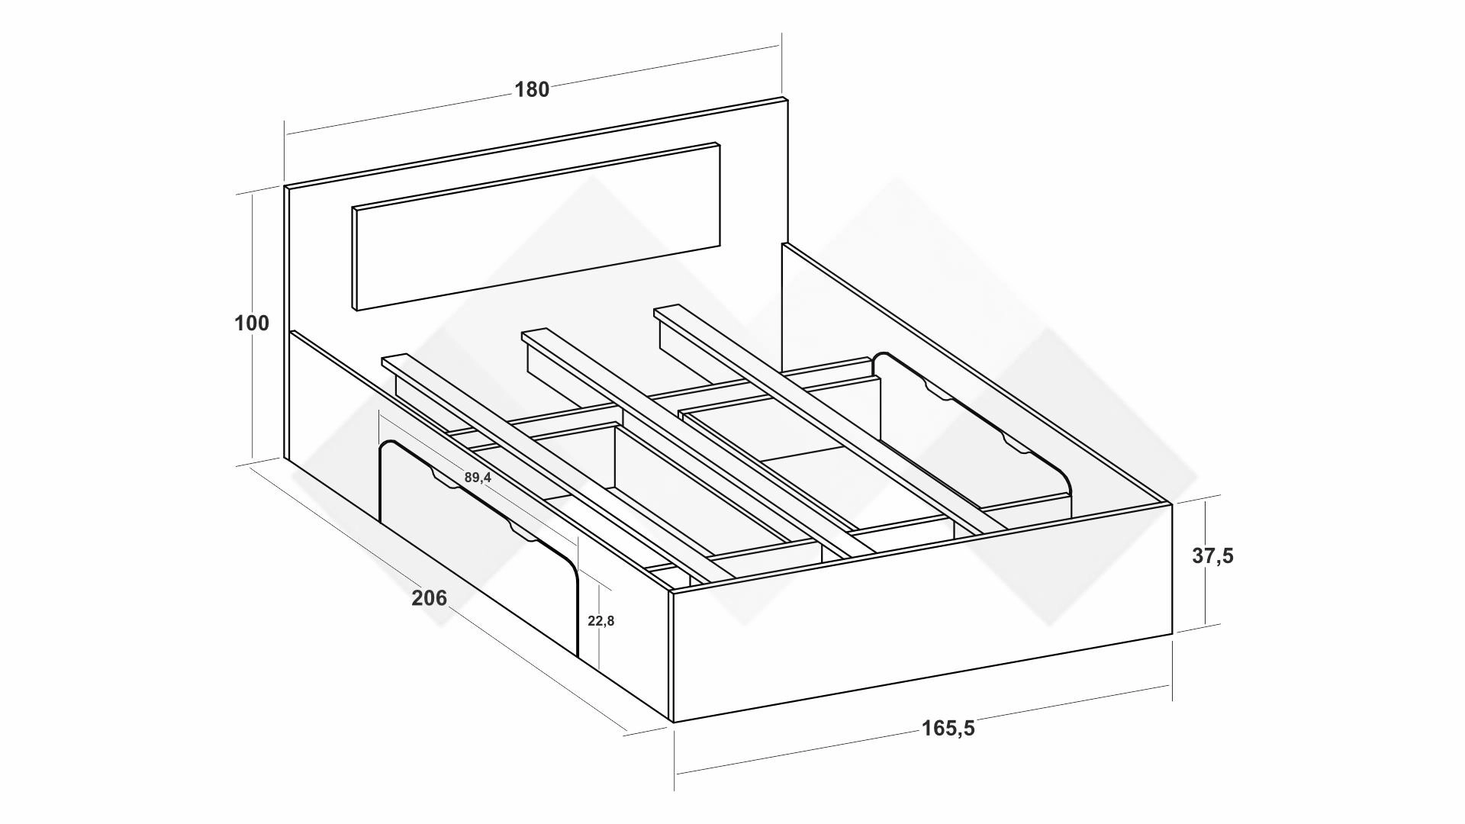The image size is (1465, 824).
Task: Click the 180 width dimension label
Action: click(x=532, y=90)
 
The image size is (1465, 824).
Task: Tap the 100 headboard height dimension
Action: click(x=252, y=323)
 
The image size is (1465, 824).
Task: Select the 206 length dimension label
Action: click(x=430, y=598)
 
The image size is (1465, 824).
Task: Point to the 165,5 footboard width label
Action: click(x=948, y=729)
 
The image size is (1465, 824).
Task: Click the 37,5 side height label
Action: click(x=1212, y=556)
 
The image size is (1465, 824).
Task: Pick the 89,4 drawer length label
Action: click(x=478, y=478)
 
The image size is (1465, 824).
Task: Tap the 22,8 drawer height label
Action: click(x=601, y=621)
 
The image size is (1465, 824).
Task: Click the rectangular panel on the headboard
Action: click(x=536, y=227)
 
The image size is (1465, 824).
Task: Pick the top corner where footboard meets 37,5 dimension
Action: click(x=1171, y=503)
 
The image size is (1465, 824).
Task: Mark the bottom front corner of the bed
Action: click(x=672, y=722)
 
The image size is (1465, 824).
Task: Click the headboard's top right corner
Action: click(x=787, y=98)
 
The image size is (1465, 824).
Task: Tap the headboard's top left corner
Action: click(x=285, y=186)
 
